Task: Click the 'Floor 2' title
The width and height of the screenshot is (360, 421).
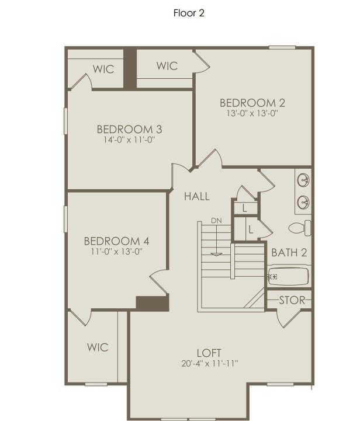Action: point(189,13)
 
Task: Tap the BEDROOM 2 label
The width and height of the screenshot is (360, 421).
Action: point(252,103)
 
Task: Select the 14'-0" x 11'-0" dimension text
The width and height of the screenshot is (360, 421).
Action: point(129,140)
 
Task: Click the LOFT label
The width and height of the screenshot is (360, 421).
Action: point(209,353)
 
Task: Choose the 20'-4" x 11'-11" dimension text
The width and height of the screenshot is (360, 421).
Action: point(209,364)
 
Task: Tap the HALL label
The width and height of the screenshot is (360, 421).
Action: point(196,196)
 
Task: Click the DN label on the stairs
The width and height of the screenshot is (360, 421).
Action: point(217,221)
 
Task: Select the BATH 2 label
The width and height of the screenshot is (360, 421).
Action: point(289,253)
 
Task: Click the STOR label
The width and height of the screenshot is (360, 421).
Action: point(292,300)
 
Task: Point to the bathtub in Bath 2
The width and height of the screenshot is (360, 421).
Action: point(288,276)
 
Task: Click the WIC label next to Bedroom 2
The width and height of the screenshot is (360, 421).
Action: point(167,66)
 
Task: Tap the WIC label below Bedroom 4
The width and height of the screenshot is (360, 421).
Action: point(98,347)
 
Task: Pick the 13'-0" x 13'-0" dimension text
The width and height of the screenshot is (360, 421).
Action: point(252,114)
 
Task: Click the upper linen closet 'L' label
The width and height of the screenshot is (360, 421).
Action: point(245,208)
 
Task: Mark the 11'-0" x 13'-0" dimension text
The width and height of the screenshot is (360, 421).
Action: point(116,252)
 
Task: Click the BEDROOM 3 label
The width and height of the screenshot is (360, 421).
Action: point(129,129)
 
